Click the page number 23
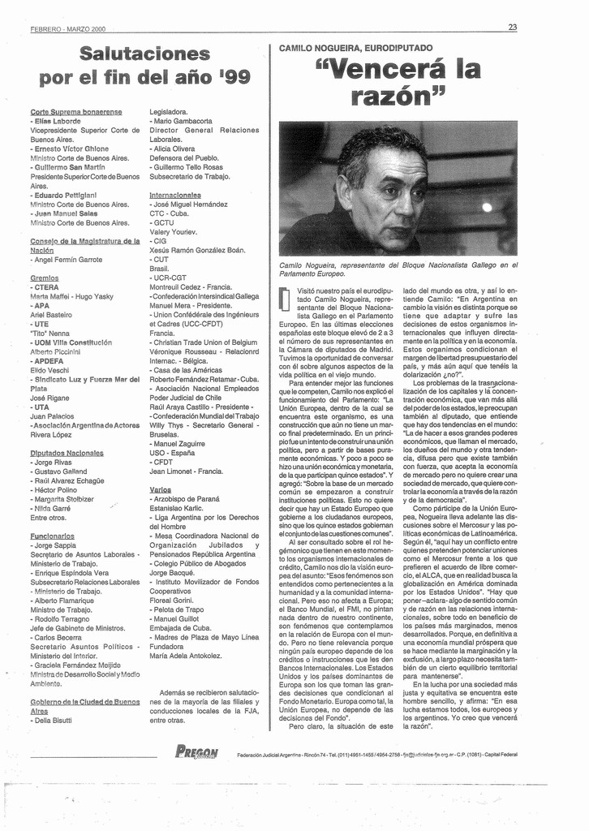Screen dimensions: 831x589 click(x=512, y=27)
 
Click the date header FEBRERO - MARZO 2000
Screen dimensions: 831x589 click(x=68, y=28)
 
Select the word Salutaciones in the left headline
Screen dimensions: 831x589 click(x=145, y=54)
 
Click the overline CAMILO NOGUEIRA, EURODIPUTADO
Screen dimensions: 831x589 click(x=356, y=48)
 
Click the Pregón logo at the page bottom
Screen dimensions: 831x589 click(x=196, y=752)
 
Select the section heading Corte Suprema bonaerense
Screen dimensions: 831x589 click(x=76, y=111)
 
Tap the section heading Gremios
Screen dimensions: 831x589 click(x=44, y=278)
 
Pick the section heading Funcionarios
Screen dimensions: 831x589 click(x=53, y=536)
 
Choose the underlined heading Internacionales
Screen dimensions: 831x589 click(x=175, y=195)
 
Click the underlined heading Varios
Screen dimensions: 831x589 click(x=161, y=489)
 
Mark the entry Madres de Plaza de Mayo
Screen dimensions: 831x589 click(x=202, y=637)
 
